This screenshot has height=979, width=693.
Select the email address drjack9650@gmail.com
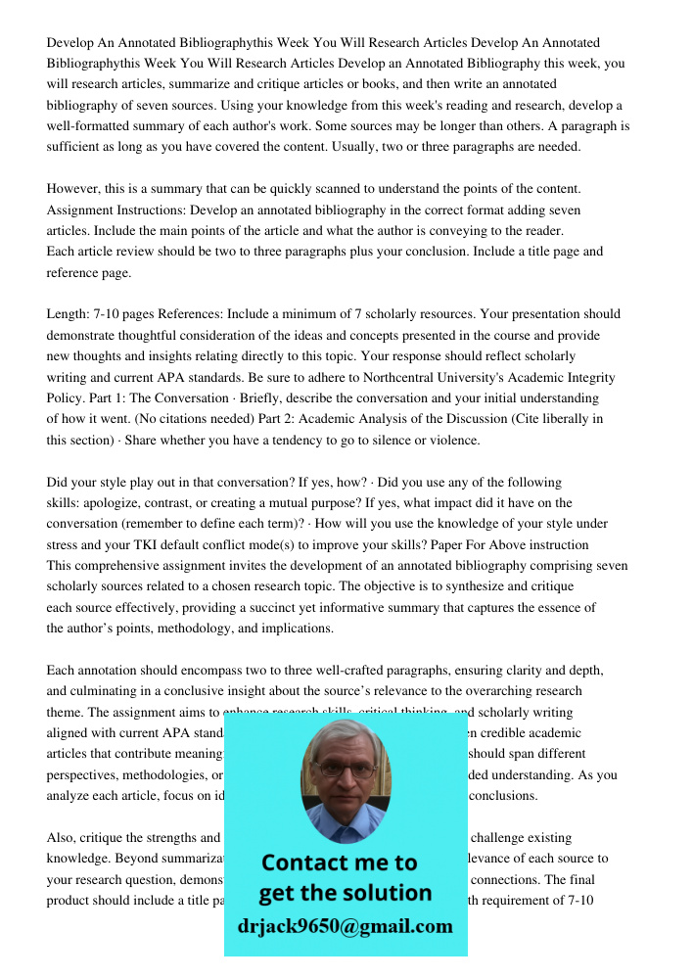click(346, 926)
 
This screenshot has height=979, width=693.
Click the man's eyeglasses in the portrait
click(346, 769)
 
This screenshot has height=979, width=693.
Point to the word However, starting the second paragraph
click(75, 189)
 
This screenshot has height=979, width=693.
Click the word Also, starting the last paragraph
click(64, 838)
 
